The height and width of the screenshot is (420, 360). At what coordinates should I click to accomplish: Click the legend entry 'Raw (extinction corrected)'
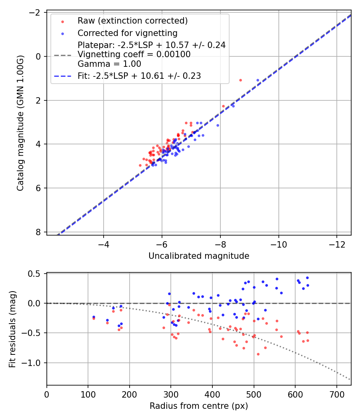tap(132, 20)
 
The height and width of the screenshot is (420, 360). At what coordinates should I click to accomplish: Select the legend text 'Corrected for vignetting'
tap(127, 33)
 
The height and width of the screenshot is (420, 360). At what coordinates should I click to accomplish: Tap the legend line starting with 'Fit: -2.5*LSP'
tap(139, 76)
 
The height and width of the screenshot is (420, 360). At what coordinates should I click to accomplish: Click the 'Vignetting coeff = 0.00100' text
tap(134, 54)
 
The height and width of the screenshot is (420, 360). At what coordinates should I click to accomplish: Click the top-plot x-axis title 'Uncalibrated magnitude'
tap(199, 256)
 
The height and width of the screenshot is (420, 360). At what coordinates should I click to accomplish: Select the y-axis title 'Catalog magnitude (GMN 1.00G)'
tap(20, 123)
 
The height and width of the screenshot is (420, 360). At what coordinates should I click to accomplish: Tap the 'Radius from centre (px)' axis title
tap(199, 406)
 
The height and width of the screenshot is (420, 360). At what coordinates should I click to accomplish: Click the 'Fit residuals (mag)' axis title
tap(12, 328)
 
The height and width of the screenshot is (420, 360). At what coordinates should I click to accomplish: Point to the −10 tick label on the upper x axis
tap(278, 244)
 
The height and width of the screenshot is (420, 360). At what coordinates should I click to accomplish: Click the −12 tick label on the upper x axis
tap(336, 244)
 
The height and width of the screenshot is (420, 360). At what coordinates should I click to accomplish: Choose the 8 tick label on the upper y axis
tap(38, 232)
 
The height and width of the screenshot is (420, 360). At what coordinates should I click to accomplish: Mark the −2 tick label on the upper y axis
tap(35, 13)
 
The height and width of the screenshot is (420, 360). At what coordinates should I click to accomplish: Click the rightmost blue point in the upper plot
tap(258, 80)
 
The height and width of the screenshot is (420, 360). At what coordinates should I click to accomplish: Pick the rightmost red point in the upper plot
tap(240, 80)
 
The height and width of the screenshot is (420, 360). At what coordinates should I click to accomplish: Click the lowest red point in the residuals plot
tap(258, 354)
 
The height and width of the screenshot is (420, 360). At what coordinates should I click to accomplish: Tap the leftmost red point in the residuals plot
tap(94, 318)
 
